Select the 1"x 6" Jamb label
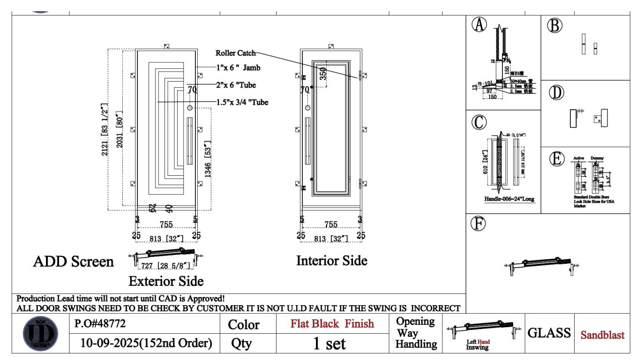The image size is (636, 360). (x=238, y=68)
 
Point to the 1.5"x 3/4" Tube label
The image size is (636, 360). (x=242, y=102)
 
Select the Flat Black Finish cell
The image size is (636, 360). (x=333, y=324)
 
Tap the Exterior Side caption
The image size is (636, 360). (x=165, y=281)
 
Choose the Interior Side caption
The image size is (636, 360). (x=332, y=261)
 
